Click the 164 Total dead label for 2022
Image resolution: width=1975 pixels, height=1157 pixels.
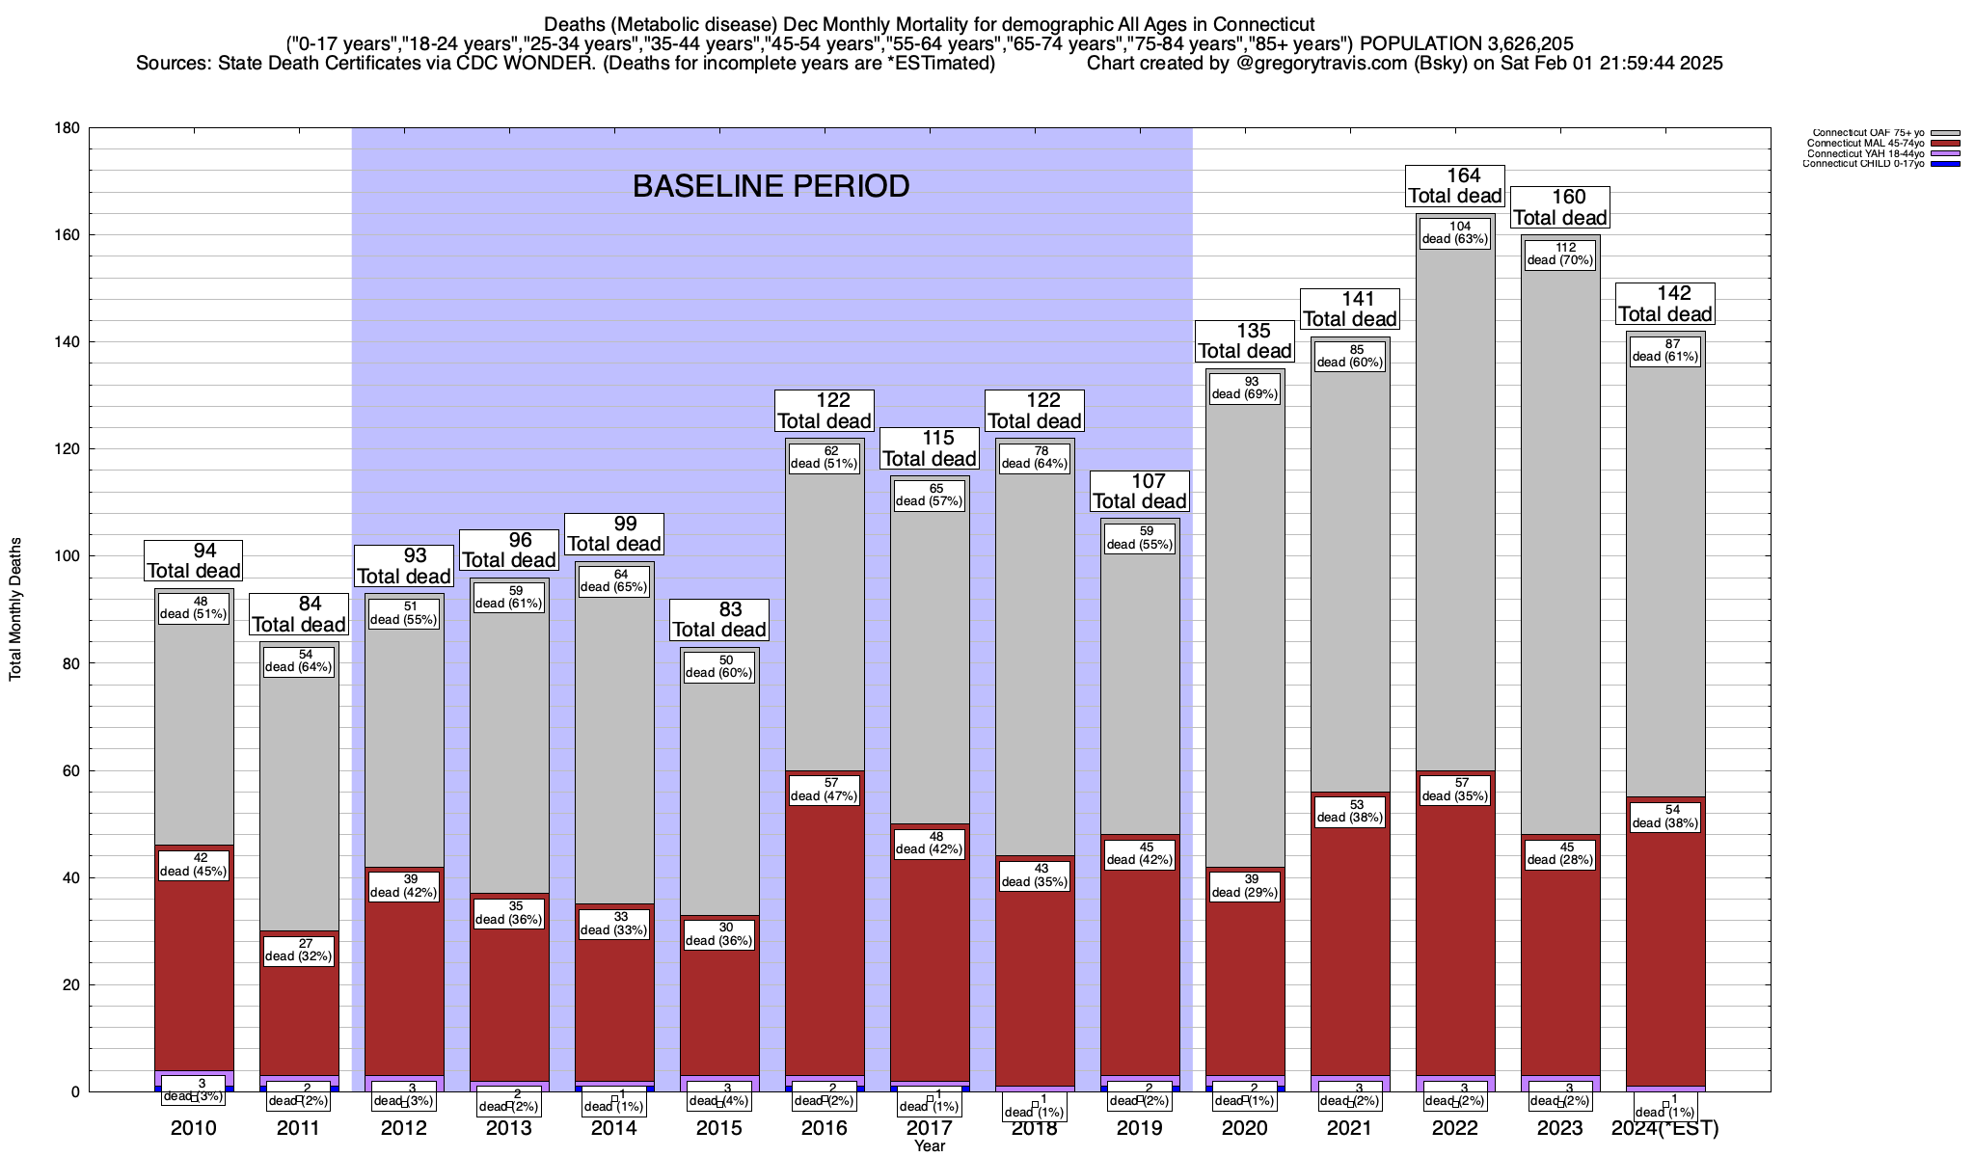pyautogui.click(x=1455, y=186)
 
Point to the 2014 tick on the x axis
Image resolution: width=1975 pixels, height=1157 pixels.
pyautogui.click(x=614, y=1128)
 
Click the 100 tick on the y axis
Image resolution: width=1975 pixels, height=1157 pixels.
pyautogui.click(x=68, y=556)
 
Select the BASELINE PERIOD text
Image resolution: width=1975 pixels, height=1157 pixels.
pyautogui.click(x=771, y=186)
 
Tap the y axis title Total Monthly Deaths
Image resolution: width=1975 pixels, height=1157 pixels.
pyautogui.click(x=15, y=609)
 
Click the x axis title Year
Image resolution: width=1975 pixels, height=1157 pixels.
pyautogui.click(x=930, y=1146)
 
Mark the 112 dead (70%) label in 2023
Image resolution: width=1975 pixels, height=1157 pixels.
pyautogui.click(x=1560, y=254)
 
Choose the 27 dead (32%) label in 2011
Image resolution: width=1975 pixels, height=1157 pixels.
pyautogui.click(x=299, y=950)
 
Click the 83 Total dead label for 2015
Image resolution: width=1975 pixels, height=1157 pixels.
pyautogui.click(x=719, y=620)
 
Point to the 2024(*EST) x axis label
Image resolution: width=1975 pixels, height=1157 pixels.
pyautogui.click(x=1664, y=1128)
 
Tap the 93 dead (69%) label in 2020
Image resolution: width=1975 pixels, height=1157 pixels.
pyautogui.click(x=1245, y=388)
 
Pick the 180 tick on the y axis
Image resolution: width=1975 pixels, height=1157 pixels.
pyautogui.click(x=68, y=128)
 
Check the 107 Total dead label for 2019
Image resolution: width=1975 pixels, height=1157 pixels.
pyautogui.click(x=1140, y=492)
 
